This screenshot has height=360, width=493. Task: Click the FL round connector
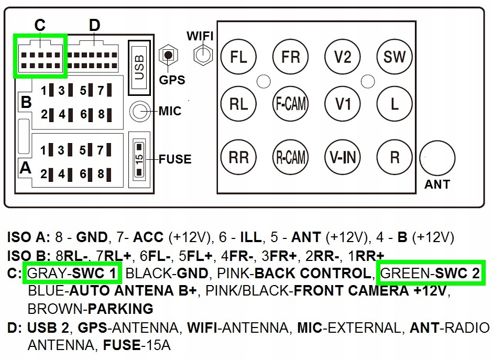(x=239, y=57)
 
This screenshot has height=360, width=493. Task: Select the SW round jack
(x=395, y=57)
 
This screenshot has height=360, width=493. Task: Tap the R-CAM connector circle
(x=291, y=157)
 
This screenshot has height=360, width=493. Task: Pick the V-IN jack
(x=343, y=157)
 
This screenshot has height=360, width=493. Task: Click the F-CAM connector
(x=291, y=104)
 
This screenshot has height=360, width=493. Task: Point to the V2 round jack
(x=343, y=57)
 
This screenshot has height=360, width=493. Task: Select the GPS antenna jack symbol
(x=168, y=55)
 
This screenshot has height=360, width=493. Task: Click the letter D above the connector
(x=94, y=25)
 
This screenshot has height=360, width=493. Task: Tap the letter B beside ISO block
(x=26, y=103)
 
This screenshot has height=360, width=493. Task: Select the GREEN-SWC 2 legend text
(x=430, y=274)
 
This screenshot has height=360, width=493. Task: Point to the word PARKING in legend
(x=120, y=309)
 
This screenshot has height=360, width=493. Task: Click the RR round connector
(x=239, y=157)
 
